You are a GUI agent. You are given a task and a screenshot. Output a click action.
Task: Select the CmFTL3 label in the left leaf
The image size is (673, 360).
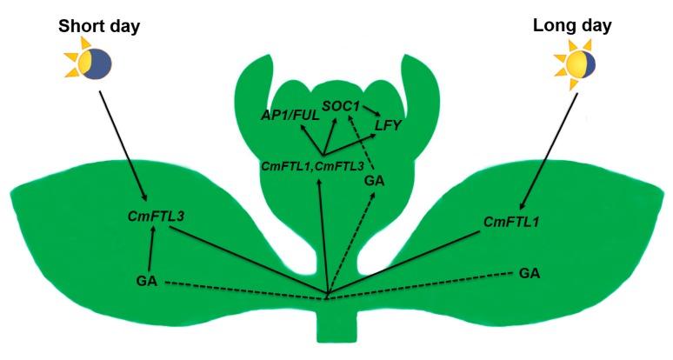152,214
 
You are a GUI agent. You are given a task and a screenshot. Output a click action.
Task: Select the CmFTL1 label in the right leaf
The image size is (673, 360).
512,222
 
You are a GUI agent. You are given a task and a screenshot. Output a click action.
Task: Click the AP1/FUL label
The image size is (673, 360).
287,115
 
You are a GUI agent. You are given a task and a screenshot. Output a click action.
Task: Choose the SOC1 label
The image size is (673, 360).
340,105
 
